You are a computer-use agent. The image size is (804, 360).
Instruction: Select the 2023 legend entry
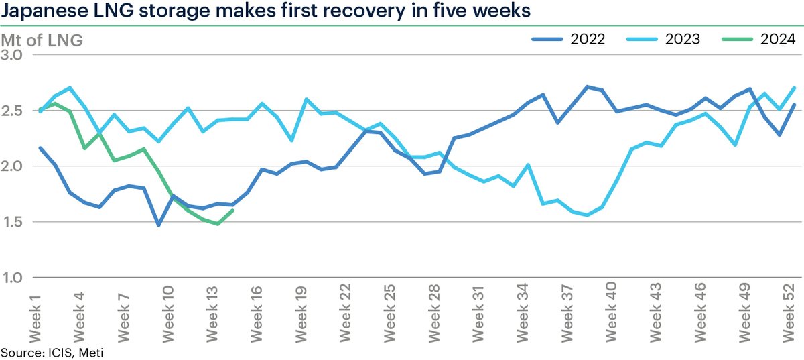pos(663,39)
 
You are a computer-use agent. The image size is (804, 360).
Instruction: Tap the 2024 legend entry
pos(757,39)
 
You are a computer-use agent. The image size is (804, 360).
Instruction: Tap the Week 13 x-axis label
pos(211,316)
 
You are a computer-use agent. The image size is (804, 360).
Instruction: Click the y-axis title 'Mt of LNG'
pos(42,40)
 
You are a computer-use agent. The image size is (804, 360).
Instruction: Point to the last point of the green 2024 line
pos(232,211)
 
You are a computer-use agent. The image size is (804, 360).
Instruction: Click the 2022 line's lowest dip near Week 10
pos(159,225)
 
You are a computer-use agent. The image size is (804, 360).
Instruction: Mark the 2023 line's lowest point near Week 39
pos(588,215)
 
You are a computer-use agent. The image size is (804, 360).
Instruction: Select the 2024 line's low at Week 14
pos(218,224)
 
